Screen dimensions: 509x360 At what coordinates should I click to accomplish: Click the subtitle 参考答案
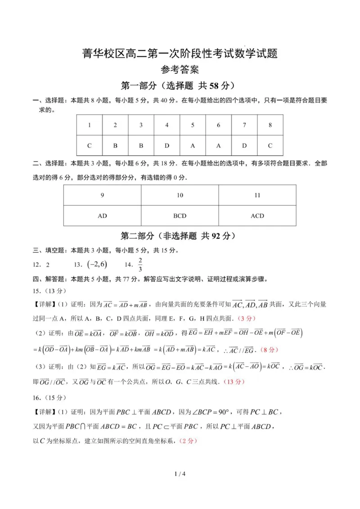pos(180,70)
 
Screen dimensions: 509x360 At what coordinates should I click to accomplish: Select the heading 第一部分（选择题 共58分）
pos(180,86)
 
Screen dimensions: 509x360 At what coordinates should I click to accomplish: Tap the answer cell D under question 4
pos(167,145)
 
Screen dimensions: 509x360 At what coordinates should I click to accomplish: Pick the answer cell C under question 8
pos(270,145)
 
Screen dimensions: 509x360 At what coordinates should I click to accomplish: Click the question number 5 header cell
pos(193,125)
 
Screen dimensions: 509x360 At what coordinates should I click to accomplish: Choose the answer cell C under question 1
pos(89,145)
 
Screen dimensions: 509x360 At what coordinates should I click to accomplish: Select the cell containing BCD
pos(180,216)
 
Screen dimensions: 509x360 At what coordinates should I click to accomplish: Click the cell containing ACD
pos(257,216)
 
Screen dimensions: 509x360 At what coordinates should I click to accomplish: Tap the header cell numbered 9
pos(102,195)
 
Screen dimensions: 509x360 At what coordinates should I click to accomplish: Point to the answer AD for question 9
pos(102,216)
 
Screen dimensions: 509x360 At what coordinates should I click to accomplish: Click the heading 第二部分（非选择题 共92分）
pos(180,236)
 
